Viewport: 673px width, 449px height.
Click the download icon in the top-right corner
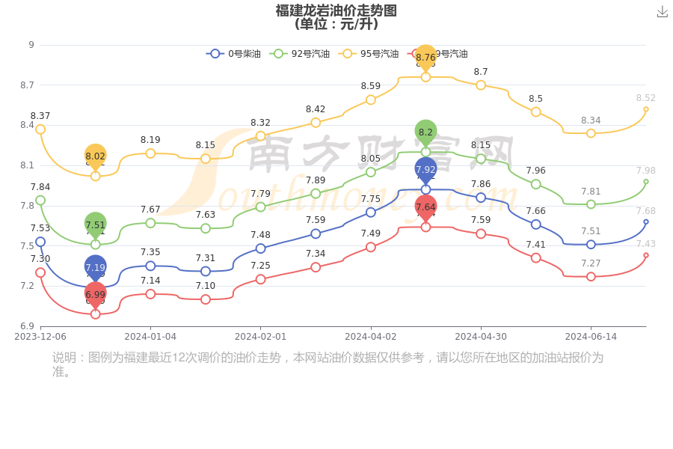(x=662, y=11)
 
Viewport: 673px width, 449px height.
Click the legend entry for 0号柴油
(x=233, y=54)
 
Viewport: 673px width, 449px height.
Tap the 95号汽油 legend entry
(x=369, y=54)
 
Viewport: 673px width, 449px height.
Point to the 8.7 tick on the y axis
(x=28, y=85)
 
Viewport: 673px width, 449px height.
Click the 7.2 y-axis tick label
(x=28, y=286)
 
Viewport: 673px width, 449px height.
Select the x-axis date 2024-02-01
(x=260, y=337)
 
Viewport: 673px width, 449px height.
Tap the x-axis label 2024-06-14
(x=591, y=337)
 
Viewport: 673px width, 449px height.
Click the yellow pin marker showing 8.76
(x=425, y=58)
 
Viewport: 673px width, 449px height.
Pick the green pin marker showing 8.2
(x=425, y=132)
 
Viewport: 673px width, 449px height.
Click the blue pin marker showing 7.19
(x=96, y=267)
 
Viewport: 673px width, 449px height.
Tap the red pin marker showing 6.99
(x=96, y=294)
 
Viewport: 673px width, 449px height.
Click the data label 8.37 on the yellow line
(x=40, y=116)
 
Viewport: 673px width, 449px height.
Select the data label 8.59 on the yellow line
(x=371, y=86)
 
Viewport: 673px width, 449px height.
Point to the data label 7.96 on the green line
(x=535, y=171)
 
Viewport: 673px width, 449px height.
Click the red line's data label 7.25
(x=260, y=266)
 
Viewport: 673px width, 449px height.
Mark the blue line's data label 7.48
(x=260, y=235)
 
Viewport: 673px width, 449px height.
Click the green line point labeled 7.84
(x=40, y=201)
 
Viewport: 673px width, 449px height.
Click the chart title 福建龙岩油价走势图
(x=336, y=10)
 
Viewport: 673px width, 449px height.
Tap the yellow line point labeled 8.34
(x=591, y=133)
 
